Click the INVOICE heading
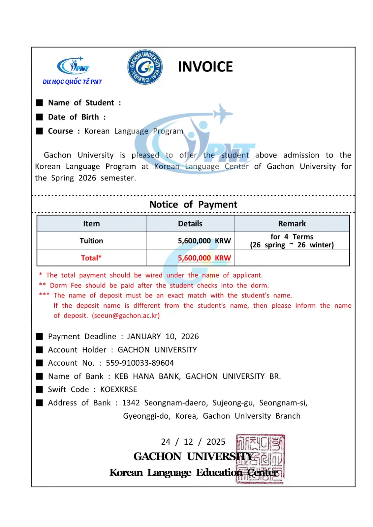click(205, 67)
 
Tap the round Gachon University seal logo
click(145, 67)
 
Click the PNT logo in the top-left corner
click(73, 70)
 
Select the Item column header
click(91, 224)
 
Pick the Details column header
click(190, 224)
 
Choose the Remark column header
click(292, 224)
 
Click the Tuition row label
click(91, 241)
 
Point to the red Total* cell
click(91, 258)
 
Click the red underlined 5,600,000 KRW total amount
click(204, 258)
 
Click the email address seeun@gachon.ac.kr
click(126, 316)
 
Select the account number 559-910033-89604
click(140, 363)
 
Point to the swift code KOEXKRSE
click(119, 389)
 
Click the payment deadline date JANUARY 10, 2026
click(163, 336)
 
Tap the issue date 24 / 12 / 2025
click(193, 442)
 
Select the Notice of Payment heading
click(193, 205)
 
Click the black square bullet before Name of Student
click(40, 103)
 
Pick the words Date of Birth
click(73, 117)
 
